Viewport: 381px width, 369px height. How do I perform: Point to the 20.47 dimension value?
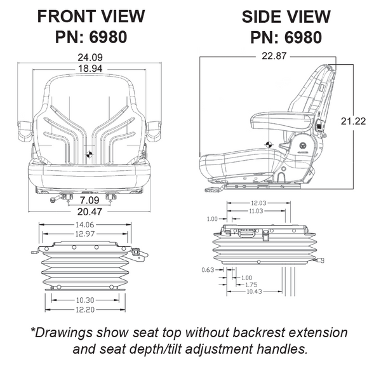coord(89,213)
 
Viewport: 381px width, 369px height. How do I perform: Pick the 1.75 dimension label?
coord(251,285)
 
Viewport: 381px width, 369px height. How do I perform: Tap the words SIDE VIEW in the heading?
coord(283,16)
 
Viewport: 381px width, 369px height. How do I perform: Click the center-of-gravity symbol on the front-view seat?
coord(90,153)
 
